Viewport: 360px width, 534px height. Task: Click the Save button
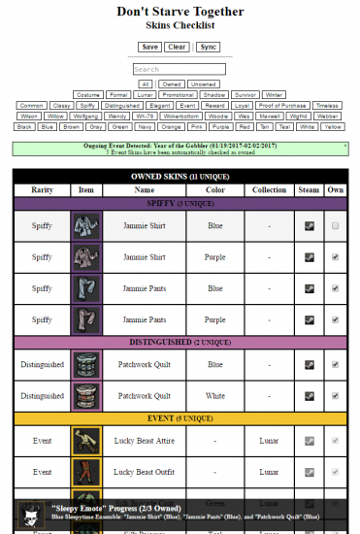tap(149, 47)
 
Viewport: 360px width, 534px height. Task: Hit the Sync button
tap(209, 47)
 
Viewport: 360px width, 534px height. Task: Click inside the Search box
tap(179, 70)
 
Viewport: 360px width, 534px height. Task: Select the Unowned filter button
tap(204, 84)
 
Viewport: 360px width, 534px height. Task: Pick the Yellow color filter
tap(333, 126)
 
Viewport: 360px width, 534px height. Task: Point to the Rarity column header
tap(42, 191)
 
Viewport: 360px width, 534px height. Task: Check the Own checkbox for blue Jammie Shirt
tap(335, 225)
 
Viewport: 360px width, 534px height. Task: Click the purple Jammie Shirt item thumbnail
tap(86, 257)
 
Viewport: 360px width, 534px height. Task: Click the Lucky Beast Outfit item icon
tap(86, 474)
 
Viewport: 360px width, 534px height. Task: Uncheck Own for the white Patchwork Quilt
tap(335, 396)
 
